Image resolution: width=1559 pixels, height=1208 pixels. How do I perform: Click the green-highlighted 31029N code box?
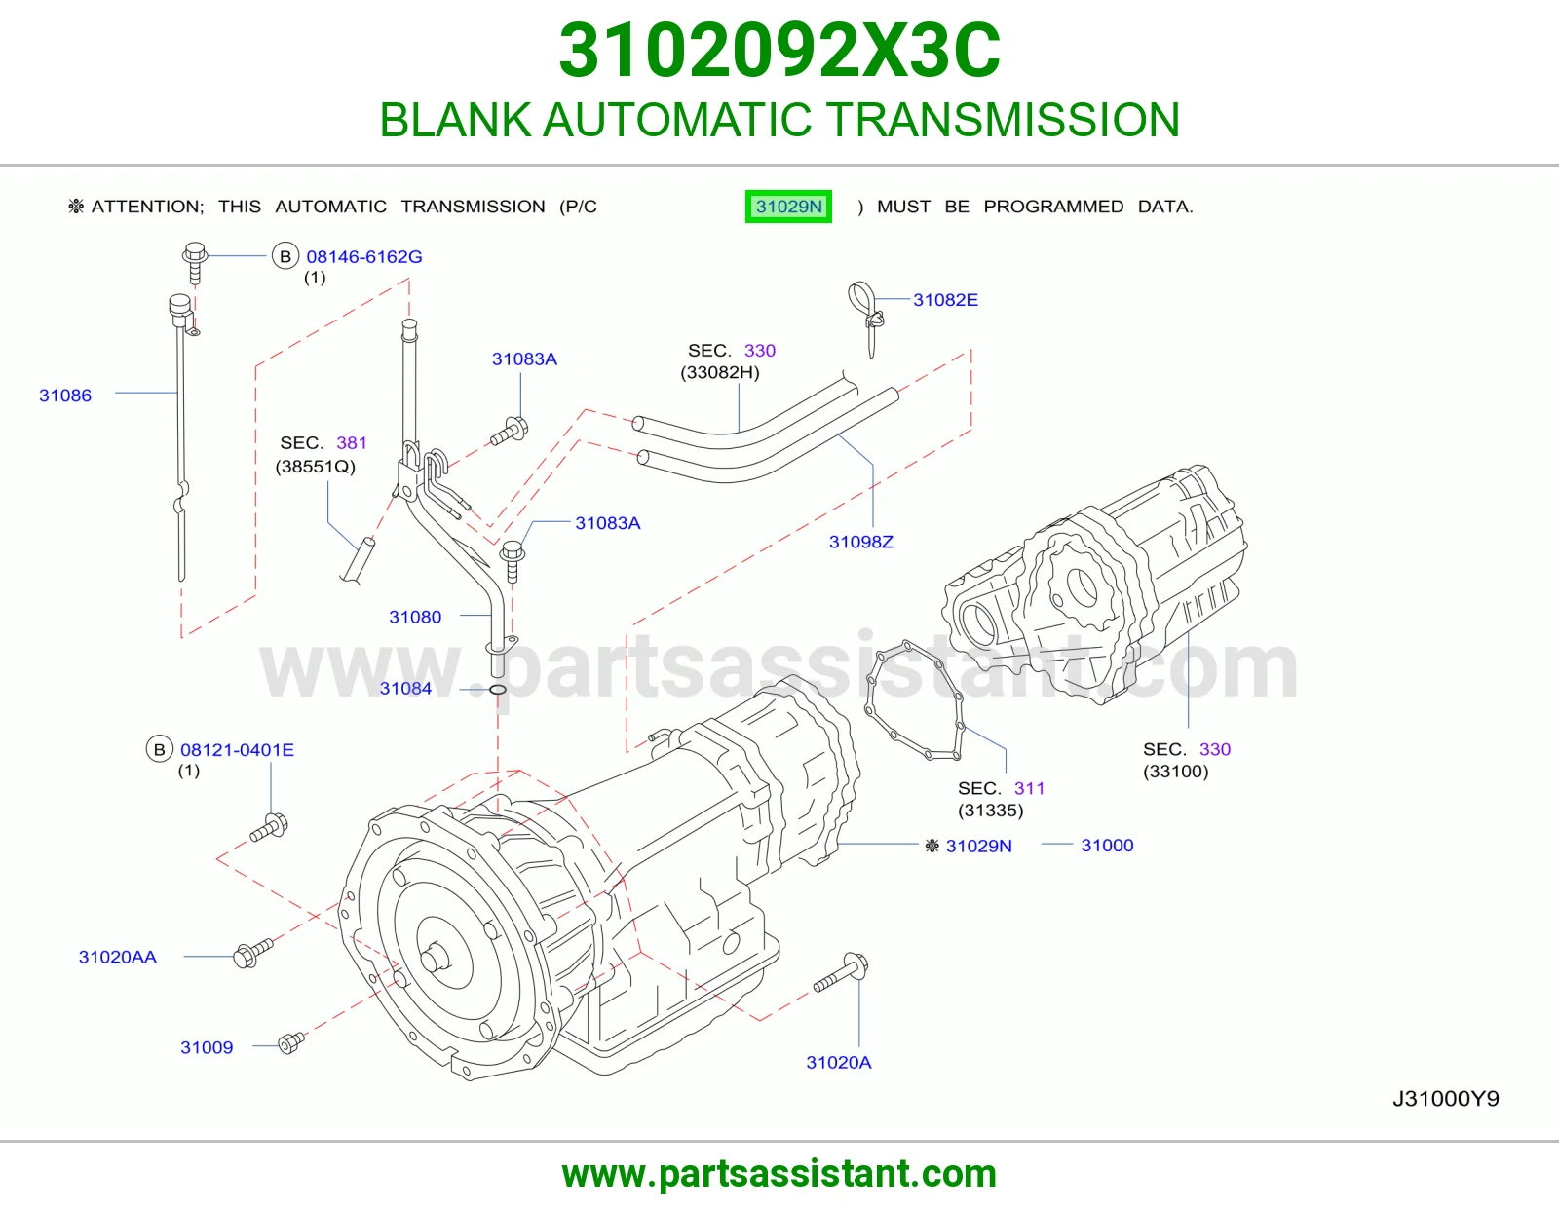click(x=788, y=207)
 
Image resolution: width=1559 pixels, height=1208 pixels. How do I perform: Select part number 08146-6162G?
click(x=363, y=257)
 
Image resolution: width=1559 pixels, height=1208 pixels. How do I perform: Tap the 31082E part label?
click(x=945, y=300)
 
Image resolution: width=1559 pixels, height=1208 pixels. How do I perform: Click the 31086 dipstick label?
click(x=65, y=396)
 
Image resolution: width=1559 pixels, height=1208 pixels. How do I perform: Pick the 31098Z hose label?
click(x=861, y=542)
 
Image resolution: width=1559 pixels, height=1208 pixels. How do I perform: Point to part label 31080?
click(x=415, y=617)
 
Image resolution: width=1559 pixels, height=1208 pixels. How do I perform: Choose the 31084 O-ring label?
click(x=405, y=689)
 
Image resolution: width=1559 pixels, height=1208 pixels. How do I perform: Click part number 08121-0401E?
click(x=237, y=749)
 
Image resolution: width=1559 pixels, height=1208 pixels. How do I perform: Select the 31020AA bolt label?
click(x=118, y=957)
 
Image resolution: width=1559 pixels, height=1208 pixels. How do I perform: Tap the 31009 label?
click(x=207, y=1047)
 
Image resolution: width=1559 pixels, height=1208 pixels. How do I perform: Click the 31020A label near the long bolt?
click(x=839, y=1063)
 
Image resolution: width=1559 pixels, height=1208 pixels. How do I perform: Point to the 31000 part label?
click(x=1107, y=845)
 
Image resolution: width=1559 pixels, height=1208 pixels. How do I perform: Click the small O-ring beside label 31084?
click(x=498, y=690)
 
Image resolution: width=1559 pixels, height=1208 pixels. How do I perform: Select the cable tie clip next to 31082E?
click(x=867, y=316)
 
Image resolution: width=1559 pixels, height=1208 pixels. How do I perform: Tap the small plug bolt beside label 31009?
click(x=290, y=1042)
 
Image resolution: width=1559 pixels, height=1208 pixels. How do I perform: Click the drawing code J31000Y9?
click(x=1446, y=1099)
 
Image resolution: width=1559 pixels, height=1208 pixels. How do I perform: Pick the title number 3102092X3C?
click(x=779, y=51)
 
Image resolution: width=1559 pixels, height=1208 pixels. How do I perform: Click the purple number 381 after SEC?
click(x=352, y=442)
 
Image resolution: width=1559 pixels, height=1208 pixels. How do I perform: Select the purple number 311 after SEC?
click(x=1030, y=788)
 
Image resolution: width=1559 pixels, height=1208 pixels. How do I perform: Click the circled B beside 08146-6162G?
click(x=285, y=256)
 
